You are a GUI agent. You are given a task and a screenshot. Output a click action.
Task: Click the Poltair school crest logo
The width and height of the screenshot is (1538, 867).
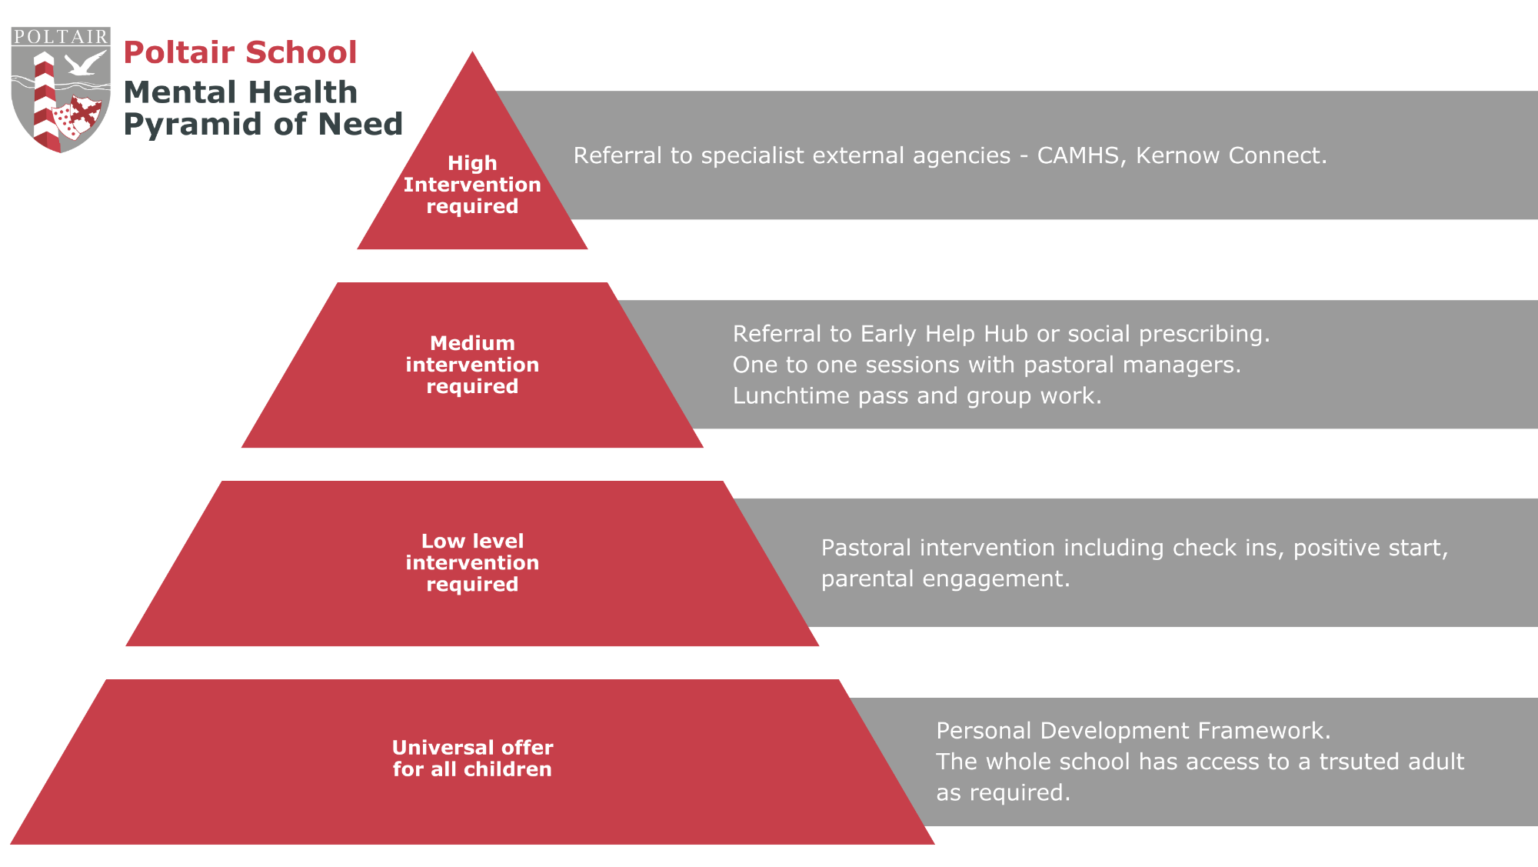[x=61, y=89]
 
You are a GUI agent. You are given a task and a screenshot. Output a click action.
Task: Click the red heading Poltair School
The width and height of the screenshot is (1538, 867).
[x=240, y=52]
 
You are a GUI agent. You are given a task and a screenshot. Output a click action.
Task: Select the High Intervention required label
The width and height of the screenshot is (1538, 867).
[x=472, y=185]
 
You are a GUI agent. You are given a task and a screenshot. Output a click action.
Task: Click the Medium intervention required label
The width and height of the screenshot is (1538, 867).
[x=472, y=365]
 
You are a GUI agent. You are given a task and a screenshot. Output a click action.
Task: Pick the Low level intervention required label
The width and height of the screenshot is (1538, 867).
[x=472, y=562]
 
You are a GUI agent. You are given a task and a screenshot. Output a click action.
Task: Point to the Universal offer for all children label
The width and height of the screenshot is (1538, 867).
[x=472, y=759]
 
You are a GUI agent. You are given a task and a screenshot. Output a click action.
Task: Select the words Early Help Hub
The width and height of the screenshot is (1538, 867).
[x=944, y=334]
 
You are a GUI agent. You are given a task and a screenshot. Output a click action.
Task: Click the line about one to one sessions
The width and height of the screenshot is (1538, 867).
[x=987, y=365]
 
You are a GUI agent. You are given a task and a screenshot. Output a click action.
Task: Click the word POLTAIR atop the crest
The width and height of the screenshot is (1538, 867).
[x=61, y=36]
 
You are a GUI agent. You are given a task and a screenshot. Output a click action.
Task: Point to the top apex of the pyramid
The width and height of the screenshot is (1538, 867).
[x=472, y=52]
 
